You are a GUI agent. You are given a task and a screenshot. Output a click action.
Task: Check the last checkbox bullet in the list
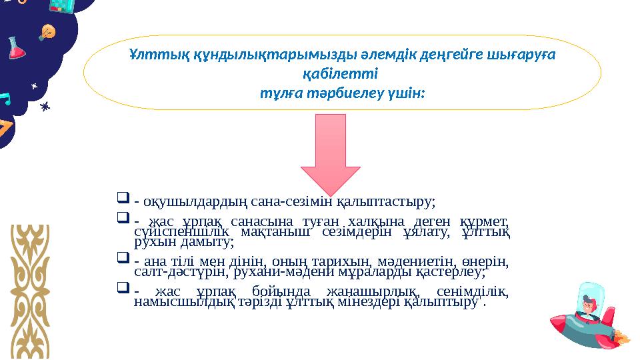[x=121, y=289]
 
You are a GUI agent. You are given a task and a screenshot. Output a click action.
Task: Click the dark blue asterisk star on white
[x=46, y=106]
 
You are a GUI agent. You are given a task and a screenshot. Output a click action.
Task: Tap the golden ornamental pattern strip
[x=31, y=280]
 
